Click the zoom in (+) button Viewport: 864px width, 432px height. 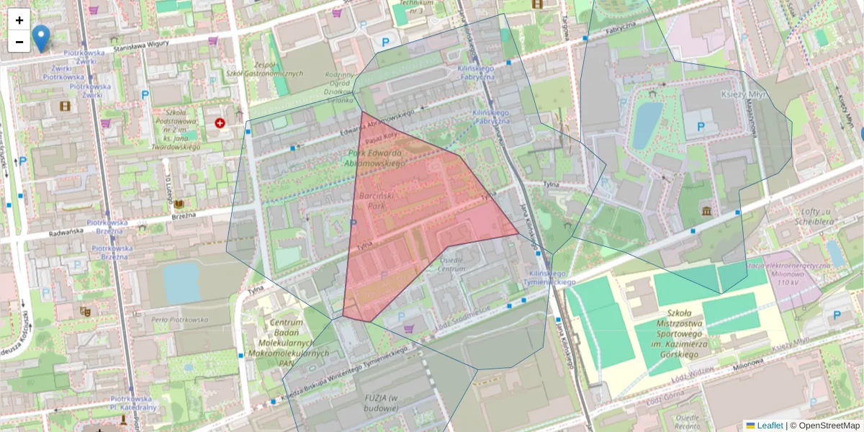coord(19,20)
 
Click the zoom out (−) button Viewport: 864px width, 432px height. coord(19,42)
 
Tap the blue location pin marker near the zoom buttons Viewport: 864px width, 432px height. coord(42,37)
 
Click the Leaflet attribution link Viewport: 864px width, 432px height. coord(769,426)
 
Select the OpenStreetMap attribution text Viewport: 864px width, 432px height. coord(829,426)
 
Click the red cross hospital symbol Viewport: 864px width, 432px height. coord(220,123)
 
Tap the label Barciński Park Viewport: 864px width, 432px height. coord(374,201)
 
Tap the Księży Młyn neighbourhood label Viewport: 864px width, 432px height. coord(745,94)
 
